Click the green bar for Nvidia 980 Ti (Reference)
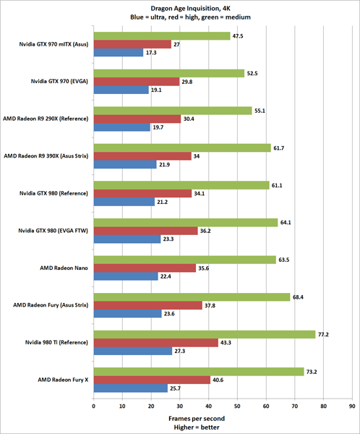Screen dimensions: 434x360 [x=205, y=334]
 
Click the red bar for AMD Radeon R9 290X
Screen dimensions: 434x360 [x=137, y=119]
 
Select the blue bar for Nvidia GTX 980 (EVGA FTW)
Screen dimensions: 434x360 [x=127, y=239]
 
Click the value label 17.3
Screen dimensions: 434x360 [x=153, y=53]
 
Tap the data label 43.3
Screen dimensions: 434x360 [x=228, y=342]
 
